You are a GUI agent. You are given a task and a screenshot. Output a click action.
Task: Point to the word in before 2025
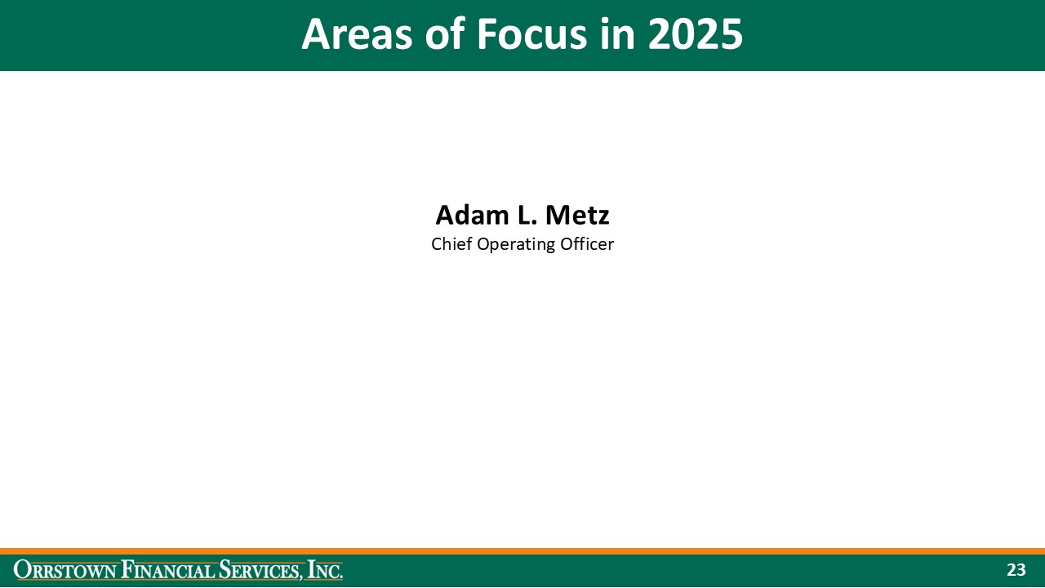617,35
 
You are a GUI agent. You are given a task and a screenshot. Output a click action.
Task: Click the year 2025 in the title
696,35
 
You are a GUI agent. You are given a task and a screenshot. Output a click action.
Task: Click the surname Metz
576,215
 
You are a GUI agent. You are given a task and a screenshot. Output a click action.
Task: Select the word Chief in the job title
451,244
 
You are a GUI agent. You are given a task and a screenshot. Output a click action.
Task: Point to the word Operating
517,244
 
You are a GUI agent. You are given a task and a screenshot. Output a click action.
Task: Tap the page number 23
1016,570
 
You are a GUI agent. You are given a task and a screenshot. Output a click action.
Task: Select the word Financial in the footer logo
167,570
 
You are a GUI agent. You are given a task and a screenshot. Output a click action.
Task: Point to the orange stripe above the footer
522,551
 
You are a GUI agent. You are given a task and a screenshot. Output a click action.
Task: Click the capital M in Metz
558,215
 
